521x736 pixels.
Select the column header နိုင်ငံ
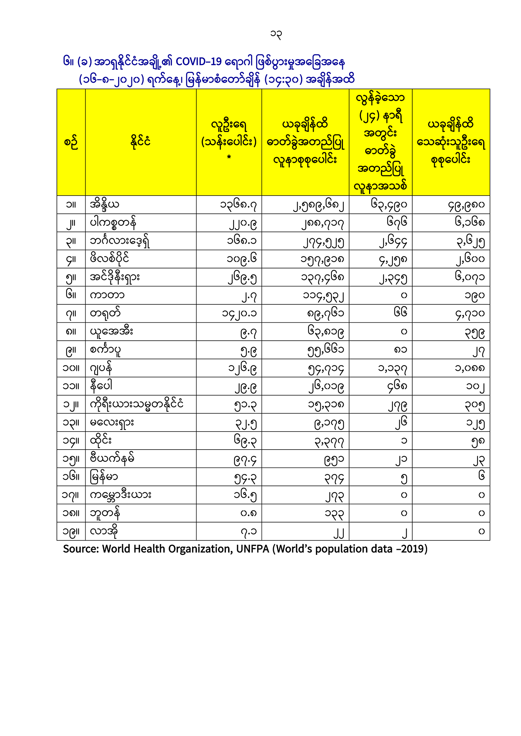click(x=140, y=142)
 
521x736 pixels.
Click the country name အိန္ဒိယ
click(x=104, y=205)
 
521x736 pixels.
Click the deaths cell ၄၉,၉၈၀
click(x=467, y=205)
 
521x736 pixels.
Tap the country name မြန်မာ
click(x=104, y=477)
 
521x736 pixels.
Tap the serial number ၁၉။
click(x=71, y=532)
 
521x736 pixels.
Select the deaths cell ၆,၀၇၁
click(x=470, y=277)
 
